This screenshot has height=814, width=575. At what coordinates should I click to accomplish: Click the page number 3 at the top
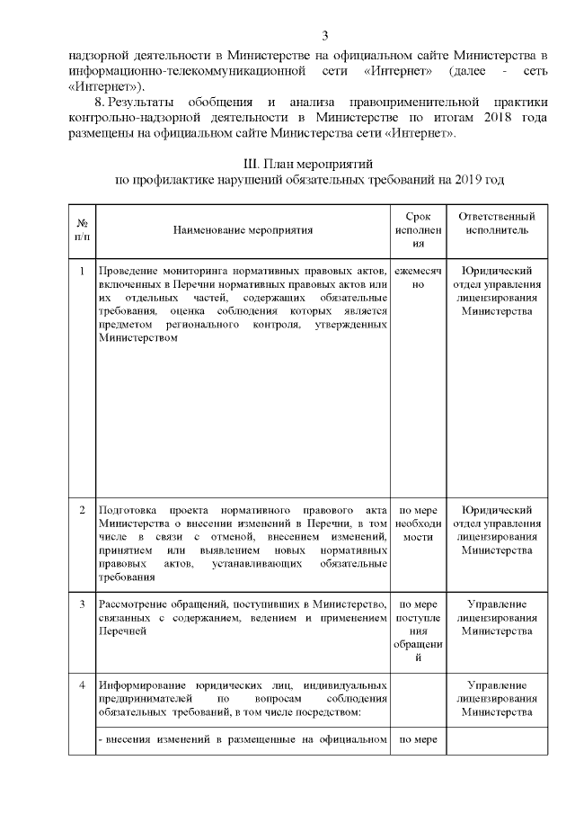pyautogui.click(x=324, y=36)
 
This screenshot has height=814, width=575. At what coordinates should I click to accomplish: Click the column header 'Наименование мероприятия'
pyautogui.click(x=243, y=230)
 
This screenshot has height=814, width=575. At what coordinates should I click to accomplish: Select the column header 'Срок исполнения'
pyautogui.click(x=417, y=230)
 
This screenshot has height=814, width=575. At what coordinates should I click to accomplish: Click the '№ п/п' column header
pyautogui.click(x=82, y=230)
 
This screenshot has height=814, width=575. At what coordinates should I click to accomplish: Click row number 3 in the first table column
pyautogui.click(x=82, y=603)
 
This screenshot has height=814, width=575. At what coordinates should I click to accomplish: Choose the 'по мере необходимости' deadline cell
pyautogui.click(x=417, y=523)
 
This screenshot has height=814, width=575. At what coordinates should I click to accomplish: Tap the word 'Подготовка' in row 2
pyautogui.click(x=129, y=510)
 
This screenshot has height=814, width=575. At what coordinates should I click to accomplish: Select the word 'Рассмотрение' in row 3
pyautogui.click(x=135, y=603)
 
